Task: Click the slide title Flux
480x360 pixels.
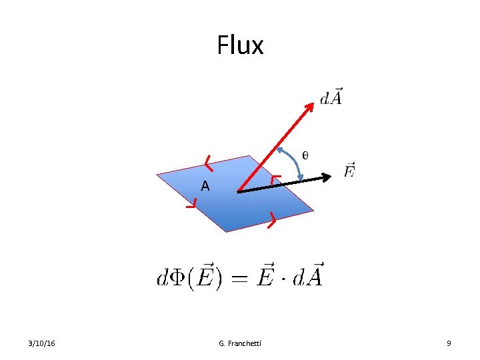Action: pyautogui.click(x=240, y=46)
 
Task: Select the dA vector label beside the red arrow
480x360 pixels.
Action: pyautogui.click(x=331, y=97)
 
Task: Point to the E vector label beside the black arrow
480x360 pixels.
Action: pyautogui.click(x=349, y=171)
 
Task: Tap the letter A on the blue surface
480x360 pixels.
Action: pyautogui.click(x=205, y=187)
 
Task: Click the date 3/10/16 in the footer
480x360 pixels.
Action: pyautogui.click(x=42, y=343)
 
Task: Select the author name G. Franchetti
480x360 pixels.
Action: pyautogui.click(x=240, y=343)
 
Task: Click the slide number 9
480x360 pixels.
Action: pyautogui.click(x=449, y=343)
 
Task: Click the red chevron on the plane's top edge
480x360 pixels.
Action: pyautogui.click(x=209, y=162)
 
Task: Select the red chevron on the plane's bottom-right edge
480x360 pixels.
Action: pyautogui.click(x=271, y=219)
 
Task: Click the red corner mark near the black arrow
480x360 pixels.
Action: pyautogui.click(x=275, y=179)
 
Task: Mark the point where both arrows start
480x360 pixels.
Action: pyautogui.click(x=238, y=192)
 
